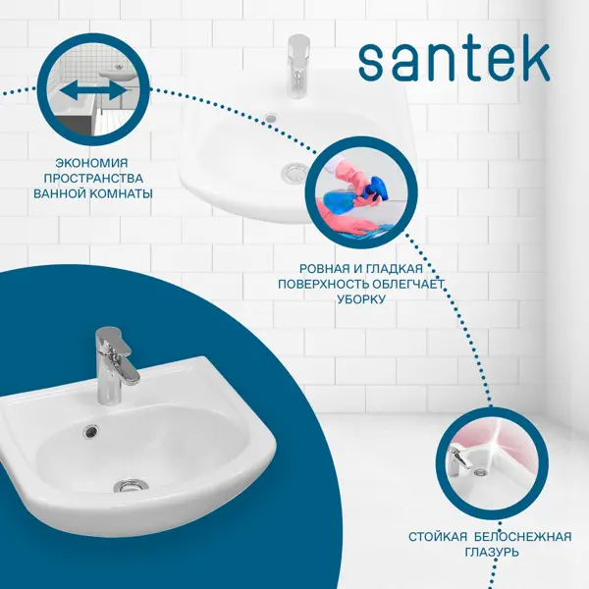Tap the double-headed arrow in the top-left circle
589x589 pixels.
click(x=93, y=91)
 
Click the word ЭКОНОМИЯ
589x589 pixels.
click(x=91, y=163)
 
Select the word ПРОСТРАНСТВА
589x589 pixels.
click(x=93, y=179)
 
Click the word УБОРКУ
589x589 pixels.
click(x=361, y=299)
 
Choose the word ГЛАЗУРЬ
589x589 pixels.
click(x=492, y=552)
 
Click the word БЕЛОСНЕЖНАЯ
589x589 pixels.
click(x=523, y=537)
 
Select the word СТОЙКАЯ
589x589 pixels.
click(x=438, y=537)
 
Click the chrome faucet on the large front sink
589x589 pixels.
click(x=112, y=364)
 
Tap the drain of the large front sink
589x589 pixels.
click(x=131, y=486)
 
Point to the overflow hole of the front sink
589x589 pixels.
click(x=90, y=431)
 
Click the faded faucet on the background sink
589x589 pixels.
click(x=297, y=67)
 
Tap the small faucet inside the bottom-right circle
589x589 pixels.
click(x=458, y=460)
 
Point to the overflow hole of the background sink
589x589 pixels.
click(x=271, y=118)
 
